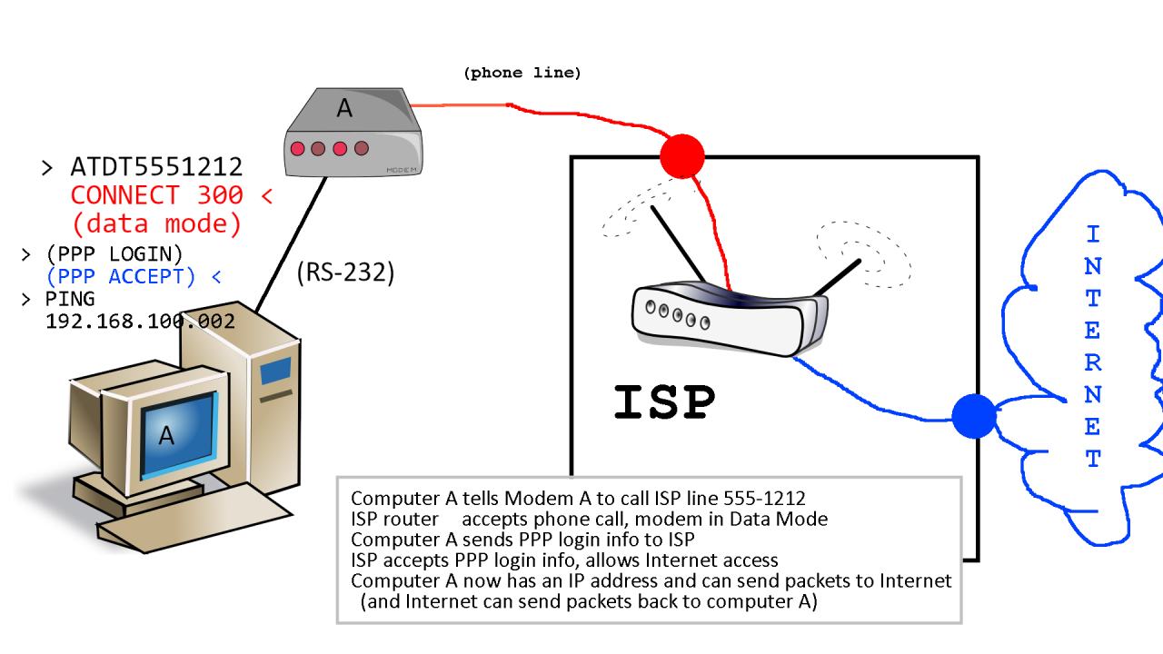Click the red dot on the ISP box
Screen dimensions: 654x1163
(682, 155)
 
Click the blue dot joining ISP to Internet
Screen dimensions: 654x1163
(974, 416)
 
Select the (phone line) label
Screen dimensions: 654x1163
(522, 73)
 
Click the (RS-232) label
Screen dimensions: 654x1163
(345, 272)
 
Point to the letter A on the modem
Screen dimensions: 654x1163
(344, 108)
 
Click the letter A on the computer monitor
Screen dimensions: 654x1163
(166, 436)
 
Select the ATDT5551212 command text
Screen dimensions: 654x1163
(156, 167)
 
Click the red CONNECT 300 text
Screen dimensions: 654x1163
(157, 195)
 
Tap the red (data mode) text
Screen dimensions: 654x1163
(157, 223)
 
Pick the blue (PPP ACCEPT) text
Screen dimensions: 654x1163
(121, 277)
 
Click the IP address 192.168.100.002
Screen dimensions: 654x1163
(140, 321)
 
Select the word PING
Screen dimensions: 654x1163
(70, 299)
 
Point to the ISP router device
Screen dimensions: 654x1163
(727, 318)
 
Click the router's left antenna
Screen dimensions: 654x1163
(677, 243)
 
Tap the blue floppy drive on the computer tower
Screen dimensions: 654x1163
(275, 372)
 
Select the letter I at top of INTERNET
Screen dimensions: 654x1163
(1093, 234)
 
